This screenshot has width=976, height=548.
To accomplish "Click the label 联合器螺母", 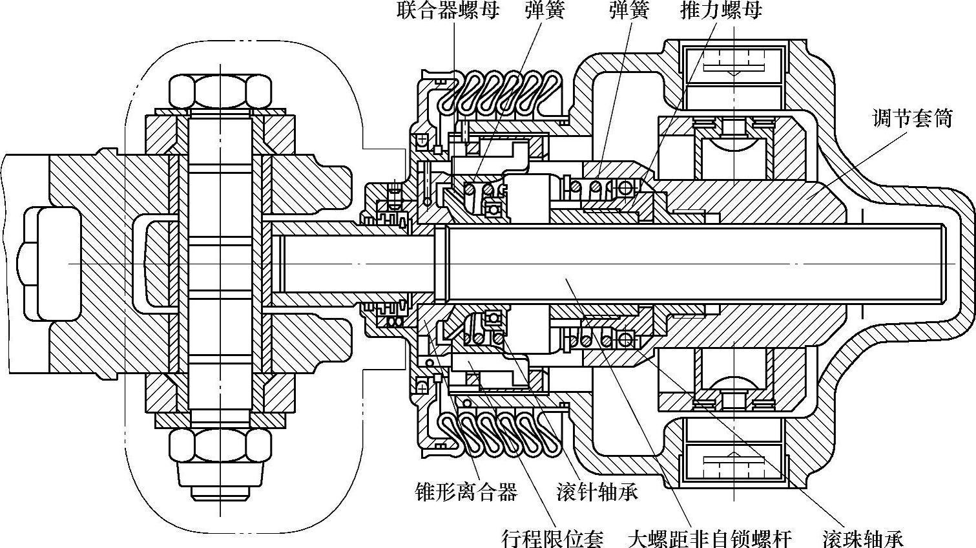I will coord(447,11).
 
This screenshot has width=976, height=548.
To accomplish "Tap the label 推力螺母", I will coord(721,11).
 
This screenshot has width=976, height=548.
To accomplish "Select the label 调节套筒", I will coord(912,118).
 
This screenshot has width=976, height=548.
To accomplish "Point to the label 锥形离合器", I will coord(466,492).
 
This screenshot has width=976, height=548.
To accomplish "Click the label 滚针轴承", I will coord(597,492).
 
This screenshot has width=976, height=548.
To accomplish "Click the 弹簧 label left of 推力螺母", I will coord(628,11).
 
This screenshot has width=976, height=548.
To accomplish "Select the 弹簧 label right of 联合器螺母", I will coord(545,11).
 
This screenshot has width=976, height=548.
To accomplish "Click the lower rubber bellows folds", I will coord(497,432).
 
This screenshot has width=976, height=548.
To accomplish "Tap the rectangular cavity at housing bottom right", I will coord(734,461).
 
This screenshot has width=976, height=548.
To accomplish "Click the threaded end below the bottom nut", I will coord(220,489).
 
